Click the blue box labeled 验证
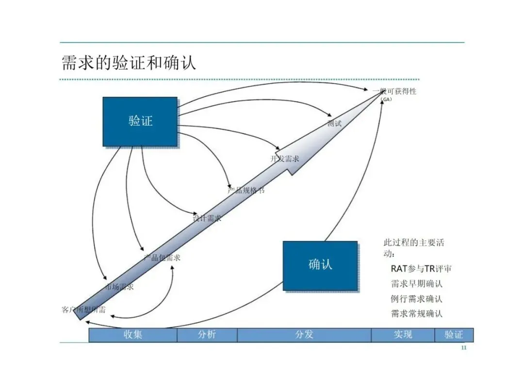140,121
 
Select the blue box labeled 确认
320,265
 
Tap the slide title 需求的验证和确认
129,63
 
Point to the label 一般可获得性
394,91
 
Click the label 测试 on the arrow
334,124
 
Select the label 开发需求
285,159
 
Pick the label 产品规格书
246,190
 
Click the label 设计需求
207,218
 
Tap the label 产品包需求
162,257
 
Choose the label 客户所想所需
83,309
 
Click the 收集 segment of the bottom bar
132,335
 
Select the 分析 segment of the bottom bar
207,335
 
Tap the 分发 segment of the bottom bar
304,335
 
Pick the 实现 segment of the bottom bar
403,335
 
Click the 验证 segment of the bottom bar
454,335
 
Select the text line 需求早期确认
417,284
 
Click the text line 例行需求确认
417,299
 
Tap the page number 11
463,348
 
